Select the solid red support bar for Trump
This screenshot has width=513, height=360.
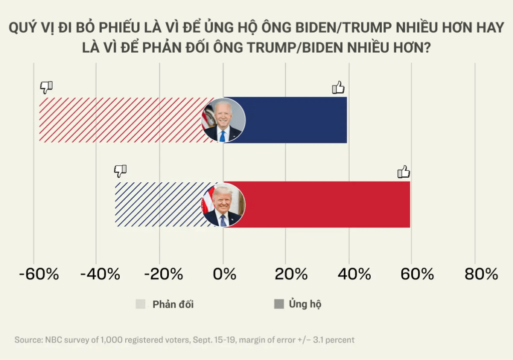point(326,204)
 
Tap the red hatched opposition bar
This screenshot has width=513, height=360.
point(120,120)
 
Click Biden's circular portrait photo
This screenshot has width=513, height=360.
point(223,120)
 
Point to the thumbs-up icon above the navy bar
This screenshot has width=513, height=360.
point(339,88)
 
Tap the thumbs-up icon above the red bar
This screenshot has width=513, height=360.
point(404,172)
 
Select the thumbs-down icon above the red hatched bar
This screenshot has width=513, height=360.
point(47,87)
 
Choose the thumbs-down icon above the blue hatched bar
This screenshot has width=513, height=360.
point(120,171)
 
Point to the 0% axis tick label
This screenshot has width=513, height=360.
point(223,274)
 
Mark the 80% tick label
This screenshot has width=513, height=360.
point(481,274)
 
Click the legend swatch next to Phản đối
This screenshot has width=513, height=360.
point(141,304)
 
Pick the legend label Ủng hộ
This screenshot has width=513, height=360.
point(305,304)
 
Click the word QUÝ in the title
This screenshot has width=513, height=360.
point(23,28)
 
